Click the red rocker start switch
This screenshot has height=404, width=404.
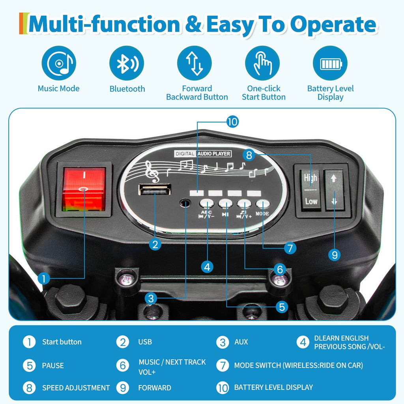pos(84,189)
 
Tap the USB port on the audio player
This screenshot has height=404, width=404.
pos(155,189)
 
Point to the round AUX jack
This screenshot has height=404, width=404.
pos(185,203)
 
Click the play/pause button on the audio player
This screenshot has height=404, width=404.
pos(225,204)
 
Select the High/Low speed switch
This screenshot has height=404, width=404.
pos(310,190)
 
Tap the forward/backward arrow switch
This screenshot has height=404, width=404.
pos(334,190)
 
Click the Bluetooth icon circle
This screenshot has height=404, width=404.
pos(127,63)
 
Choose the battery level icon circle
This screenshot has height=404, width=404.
pos(330,63)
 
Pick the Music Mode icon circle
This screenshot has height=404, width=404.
pos(59,63)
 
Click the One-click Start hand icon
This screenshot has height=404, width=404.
pos(262,63)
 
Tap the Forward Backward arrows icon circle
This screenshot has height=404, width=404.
pos(194,63)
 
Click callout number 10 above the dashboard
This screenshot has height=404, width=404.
pos(232,122)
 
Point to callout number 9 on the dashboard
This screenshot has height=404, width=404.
pos(335,255)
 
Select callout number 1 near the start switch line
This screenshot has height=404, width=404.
pos(44,279)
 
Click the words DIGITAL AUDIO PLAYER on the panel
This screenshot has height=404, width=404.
pos(203,153)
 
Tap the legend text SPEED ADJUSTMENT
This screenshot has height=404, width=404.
pos(76,388)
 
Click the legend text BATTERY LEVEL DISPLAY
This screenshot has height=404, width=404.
pos(273,387)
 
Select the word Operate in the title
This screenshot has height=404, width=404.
pos(333,25)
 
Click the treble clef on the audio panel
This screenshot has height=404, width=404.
pos(151,172)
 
